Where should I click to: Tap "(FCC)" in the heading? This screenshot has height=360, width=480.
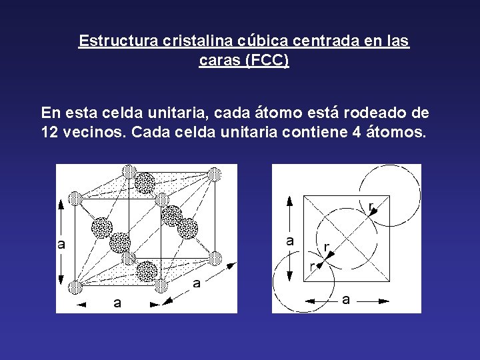point(267,61)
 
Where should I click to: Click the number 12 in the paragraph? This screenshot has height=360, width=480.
point(51,132)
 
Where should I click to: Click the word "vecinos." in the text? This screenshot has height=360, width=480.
point(95,132)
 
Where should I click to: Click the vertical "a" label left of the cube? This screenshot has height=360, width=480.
point(61,244)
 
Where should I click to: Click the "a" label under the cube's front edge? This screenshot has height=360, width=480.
point(117,304)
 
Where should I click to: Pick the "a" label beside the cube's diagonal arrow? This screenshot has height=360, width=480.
point(197,283)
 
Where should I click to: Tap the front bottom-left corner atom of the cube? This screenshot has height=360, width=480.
point(76,287)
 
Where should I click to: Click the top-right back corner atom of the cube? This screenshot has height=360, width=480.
point(214,175)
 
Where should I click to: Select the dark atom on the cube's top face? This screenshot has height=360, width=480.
point(145,182)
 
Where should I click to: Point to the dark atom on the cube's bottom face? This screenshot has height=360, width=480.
point(146,271)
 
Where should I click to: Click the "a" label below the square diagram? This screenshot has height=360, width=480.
point(346,300)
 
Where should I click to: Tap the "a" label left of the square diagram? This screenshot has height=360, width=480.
point(290,241)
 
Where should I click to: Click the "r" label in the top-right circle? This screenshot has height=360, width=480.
point(371,206)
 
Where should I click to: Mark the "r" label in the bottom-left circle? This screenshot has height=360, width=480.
point(313,267)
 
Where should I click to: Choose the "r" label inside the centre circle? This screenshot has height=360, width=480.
point(326,247)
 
